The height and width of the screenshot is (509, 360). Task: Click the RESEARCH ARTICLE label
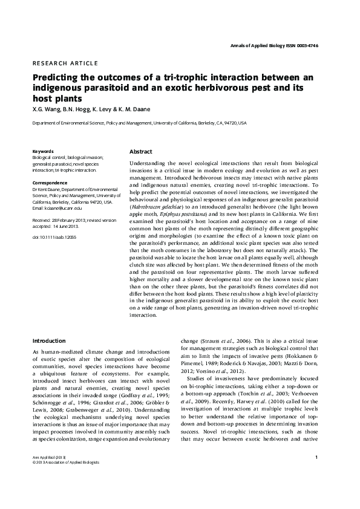[x=65, y=63]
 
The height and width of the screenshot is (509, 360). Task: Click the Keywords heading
[x=43, y=151]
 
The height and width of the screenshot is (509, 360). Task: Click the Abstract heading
[x=141, y=152]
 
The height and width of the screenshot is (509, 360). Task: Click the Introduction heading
[x=49, y=341]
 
